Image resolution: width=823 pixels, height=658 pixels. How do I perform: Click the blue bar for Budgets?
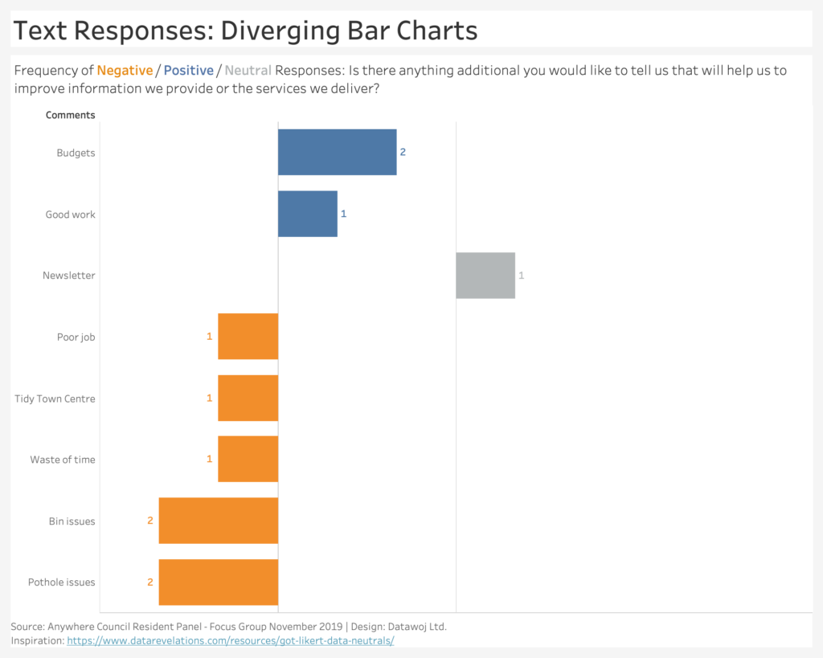(x=337, y=152)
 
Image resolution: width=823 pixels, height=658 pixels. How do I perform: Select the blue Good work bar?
(x=308, y=214)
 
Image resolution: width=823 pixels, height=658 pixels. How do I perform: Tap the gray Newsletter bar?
(x=485, y=276)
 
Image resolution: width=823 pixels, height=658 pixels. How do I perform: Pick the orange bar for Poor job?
(x=248, y=337)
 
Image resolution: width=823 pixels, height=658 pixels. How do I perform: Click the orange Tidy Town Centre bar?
(x=248, y=398)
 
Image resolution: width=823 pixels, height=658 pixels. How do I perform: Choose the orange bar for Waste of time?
(x=248, y=459)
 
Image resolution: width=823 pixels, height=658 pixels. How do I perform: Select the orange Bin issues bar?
(x=219, y=521)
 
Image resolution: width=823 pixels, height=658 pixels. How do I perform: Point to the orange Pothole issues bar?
(x=219, y=582)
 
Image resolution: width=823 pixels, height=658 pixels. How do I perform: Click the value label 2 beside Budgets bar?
(x=403, y=152)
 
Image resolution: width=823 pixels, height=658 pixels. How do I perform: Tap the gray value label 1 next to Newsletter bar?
(x=521, y=276)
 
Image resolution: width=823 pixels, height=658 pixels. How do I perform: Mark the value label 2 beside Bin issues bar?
(x=150, y=521)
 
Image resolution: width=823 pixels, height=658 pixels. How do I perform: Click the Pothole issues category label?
(x=61, y=582)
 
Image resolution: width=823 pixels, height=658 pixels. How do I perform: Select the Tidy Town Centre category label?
(x=55, y=398)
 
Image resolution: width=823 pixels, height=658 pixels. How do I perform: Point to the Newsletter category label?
(x=69, y=276)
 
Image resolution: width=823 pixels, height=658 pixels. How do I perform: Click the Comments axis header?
(x=71, y=115)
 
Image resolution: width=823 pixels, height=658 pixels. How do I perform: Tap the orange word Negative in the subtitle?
(x=125, y=71)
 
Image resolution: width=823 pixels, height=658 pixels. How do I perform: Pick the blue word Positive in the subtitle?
(x=188, y=71)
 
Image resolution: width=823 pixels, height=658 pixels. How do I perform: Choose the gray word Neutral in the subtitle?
(x=248, y=71)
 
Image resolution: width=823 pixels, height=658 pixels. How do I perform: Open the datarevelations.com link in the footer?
(x=231, y=640)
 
